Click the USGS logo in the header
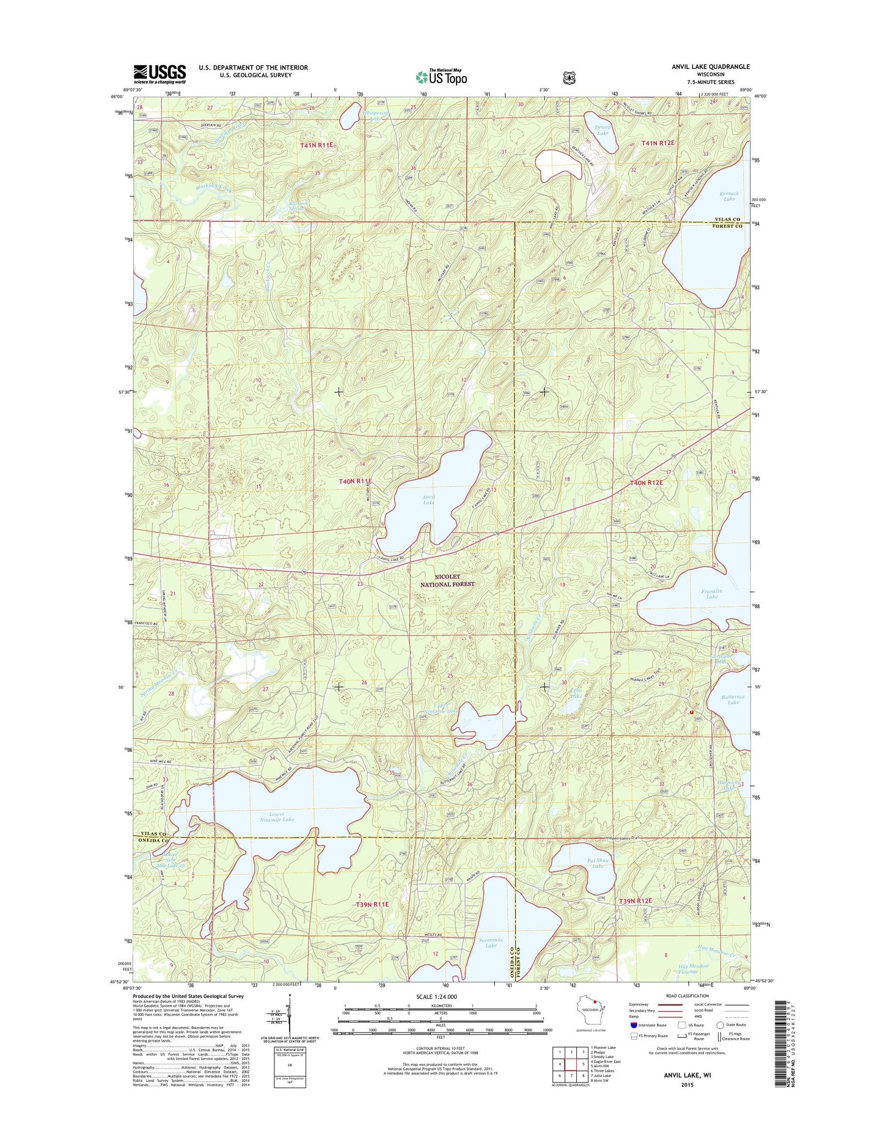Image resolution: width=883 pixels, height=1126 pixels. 159,74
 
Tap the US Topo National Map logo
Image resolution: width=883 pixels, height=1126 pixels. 441,76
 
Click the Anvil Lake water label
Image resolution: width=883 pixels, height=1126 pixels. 428,499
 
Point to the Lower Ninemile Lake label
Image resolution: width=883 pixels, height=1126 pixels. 276,817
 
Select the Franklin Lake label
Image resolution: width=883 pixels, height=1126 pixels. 712,594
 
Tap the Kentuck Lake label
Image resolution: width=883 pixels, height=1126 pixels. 729,196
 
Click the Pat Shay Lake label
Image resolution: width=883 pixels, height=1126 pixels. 598,863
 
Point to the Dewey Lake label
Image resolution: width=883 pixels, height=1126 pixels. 603,130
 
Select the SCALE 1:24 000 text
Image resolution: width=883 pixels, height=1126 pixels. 440,997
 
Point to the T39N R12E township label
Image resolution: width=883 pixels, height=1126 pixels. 636,901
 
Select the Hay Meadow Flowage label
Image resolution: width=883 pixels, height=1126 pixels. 693,969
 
